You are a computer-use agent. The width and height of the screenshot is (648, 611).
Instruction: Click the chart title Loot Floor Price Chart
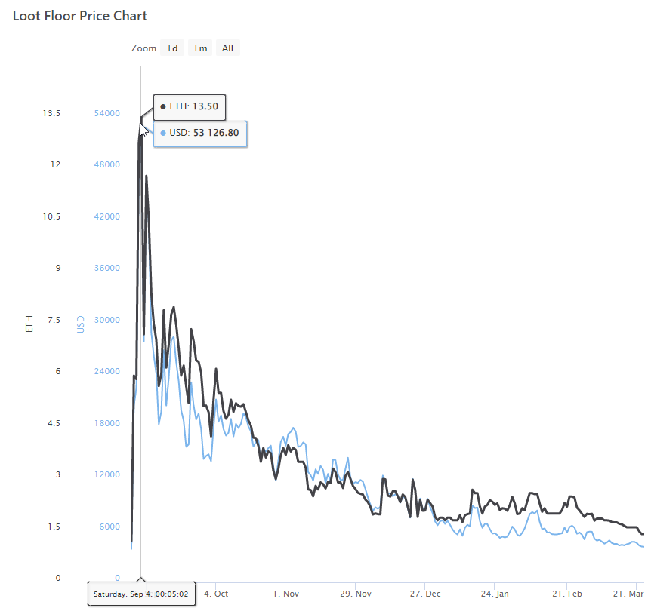[80, 16]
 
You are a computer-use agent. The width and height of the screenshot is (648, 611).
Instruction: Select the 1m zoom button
[200, 48]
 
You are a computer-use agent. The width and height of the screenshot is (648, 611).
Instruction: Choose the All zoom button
[227, 48]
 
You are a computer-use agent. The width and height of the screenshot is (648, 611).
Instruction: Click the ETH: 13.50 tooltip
[190, 106]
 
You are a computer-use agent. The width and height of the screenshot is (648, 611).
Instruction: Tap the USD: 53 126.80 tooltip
[200, 134]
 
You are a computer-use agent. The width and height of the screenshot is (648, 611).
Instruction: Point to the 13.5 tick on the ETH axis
[51, 113]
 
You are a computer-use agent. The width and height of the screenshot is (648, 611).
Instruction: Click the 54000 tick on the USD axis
[107, 113]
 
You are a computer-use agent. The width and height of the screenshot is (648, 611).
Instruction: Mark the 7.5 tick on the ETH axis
[54, 320]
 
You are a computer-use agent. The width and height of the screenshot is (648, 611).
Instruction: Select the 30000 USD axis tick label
[107, 320]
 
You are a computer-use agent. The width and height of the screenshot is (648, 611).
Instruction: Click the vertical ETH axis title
[29, 324]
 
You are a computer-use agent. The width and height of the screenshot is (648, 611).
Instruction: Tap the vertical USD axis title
[80, 324]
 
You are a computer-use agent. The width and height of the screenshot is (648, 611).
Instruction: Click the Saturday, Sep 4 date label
[141, 594]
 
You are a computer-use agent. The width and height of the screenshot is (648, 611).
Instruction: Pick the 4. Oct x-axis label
[216, 594]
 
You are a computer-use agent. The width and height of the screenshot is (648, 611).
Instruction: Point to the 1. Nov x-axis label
[285, 594]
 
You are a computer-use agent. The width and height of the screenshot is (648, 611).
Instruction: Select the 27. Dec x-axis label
[426, 594]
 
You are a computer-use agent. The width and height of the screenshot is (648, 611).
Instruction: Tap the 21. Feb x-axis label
[566, 594]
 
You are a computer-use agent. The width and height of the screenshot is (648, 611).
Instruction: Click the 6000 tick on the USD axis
[107, 527]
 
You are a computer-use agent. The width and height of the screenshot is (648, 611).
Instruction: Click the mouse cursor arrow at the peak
[143, 130]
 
